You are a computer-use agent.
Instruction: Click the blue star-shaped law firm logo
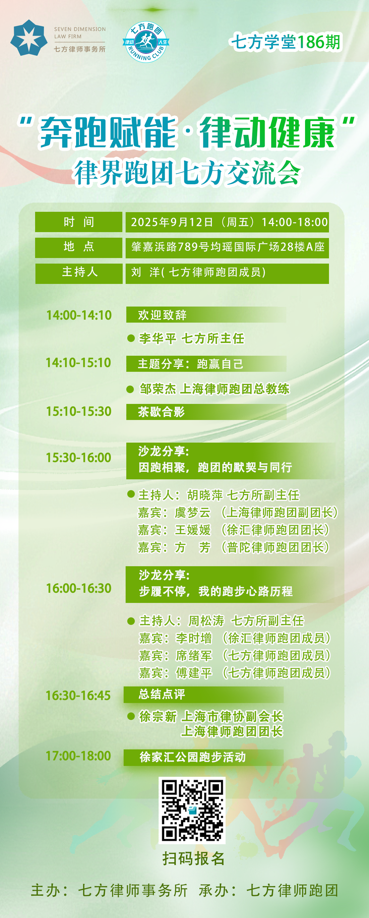point(29,37)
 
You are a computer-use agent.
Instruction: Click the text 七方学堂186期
point(286,42)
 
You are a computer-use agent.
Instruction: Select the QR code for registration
point(192,810)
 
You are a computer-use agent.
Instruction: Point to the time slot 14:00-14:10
point(79,315)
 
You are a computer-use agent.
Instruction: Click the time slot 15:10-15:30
point(79,411)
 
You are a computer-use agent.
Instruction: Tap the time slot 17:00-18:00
point(78,755)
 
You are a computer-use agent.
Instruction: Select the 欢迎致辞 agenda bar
point(206,315)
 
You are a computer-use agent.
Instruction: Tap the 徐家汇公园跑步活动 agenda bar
point(204,757)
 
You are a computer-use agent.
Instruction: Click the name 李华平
point(157,338)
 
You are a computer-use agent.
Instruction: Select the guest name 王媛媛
point(193,529)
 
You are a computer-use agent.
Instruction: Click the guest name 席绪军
point(194,655)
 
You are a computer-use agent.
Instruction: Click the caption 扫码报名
point(193,858)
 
